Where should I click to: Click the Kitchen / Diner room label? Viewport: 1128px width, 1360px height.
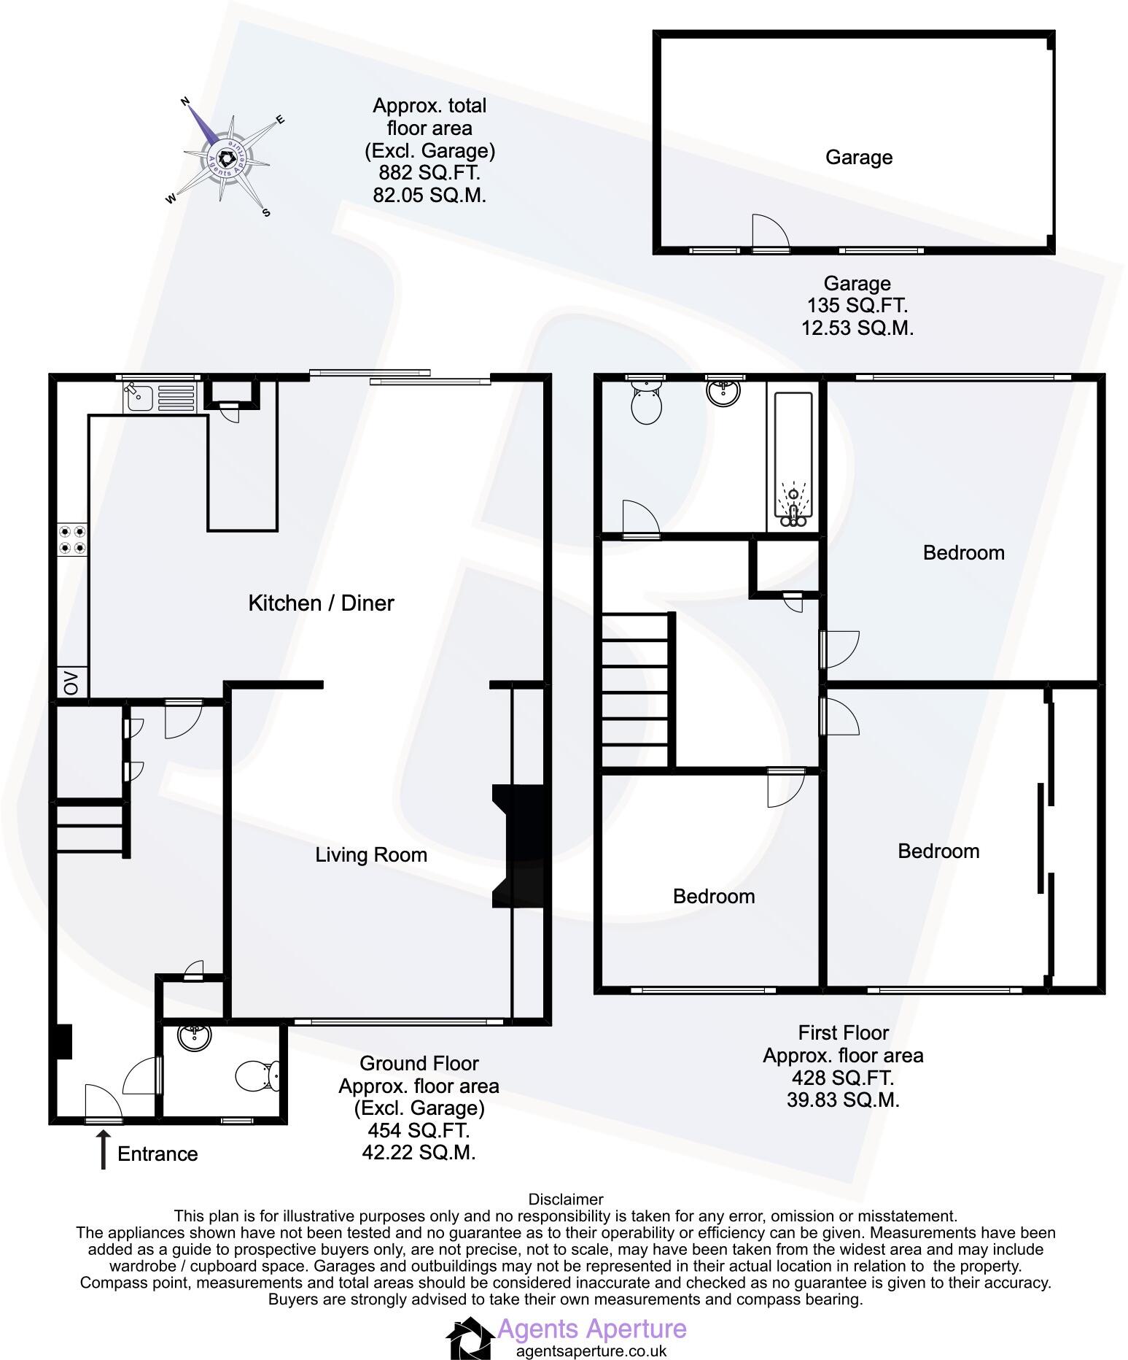[x=321, y=603]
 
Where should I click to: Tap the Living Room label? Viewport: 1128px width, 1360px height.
[x=370, y=855]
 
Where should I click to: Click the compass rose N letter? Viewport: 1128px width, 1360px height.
[x=185, y=102]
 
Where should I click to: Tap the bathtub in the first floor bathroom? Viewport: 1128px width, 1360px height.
[x=792, y=460]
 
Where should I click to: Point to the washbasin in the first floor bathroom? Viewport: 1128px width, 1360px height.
[x=723, y=391]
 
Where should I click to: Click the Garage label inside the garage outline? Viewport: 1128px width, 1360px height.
[x=858, y=158]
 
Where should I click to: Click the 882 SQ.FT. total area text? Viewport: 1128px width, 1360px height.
[x=429, y=174]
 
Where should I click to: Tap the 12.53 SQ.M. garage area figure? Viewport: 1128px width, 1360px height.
[x=857, y=328]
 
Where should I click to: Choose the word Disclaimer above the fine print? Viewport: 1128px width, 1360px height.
[x=565, y=1199]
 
